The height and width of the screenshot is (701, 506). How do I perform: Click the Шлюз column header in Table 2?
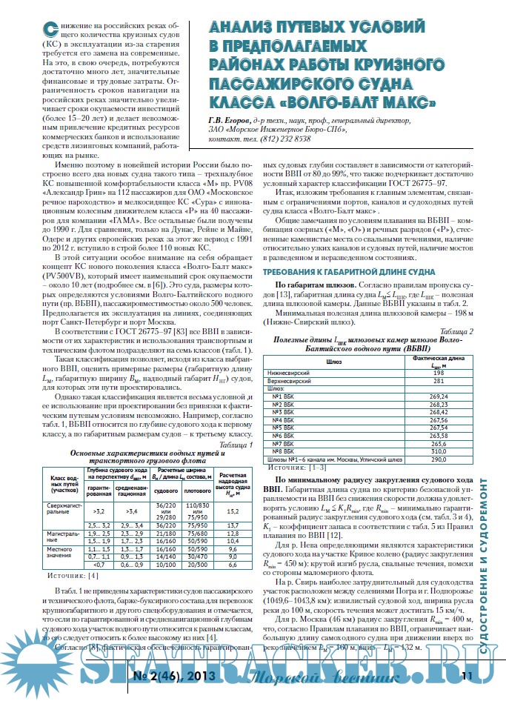335,360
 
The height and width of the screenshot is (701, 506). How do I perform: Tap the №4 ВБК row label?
287,419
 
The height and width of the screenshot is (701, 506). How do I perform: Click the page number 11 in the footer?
467,675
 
